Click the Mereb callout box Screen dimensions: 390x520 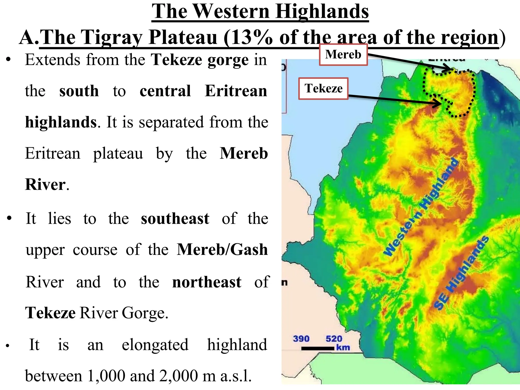click(x=343, y=55)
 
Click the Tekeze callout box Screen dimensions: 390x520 click(x=323, y=89)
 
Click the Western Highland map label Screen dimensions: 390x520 click(x=421, y=207)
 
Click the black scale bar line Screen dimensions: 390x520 click(x=318, y=349)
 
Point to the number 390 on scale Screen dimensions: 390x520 click(x=301, y=339)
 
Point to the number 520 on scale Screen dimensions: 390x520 click(x=334, y=339)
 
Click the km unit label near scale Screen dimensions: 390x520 click(x=343, y=347)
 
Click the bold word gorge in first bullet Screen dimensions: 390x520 click(x=228, y=60)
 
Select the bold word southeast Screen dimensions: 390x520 click(x=175, y=219)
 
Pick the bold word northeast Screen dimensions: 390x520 click(x=207, y=282)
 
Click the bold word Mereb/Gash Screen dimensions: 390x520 click(x=222, y=250)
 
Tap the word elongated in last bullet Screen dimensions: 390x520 click(x=155, y=345)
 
